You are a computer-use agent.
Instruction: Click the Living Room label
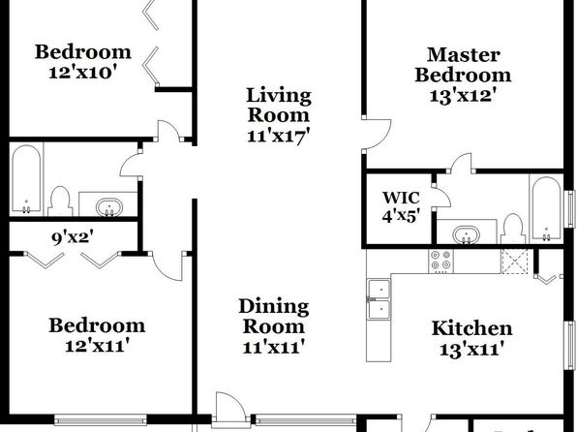pyautogui.click(x=279, y=105)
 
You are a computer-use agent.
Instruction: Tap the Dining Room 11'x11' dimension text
pyautogui.click(x=274, y=347)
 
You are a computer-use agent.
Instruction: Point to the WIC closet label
pyautogui.click(x=401, y=198)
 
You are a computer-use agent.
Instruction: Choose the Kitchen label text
pyautogui.click(x=471, y=328)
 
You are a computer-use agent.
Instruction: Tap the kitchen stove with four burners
pyautogui.click(x=440, y=262)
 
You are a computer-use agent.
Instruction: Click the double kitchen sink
pyautogui.click(x=379, y=299)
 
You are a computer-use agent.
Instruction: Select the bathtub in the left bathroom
pyautogui.click(x=26, y=179)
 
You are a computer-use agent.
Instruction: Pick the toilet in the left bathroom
pyautogui.click(x=60, y=201)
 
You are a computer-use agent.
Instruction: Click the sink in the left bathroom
pyautogui.click(x=109, y=207)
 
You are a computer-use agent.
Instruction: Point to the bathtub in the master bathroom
pyautogui.click(x=547, y=209)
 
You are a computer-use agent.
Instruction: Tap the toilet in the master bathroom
pyautogui.click(x=513, y=229)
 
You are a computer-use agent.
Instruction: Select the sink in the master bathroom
pyautogui.click(x=467, y=234)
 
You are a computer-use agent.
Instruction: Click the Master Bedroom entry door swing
pyautogui.click(x=377, y=134)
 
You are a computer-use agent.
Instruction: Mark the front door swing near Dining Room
pyautogui.click(x=230, y=405)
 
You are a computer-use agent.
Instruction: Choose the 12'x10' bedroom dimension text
pyautogui.click(x=83, y=73)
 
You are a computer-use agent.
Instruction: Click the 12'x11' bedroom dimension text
pyautogui.click(x=97, y=346)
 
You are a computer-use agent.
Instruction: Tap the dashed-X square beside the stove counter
pyautogui.click(x=514, y=262)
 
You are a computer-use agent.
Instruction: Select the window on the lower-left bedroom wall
pyautogui.click(x=101, y=419)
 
